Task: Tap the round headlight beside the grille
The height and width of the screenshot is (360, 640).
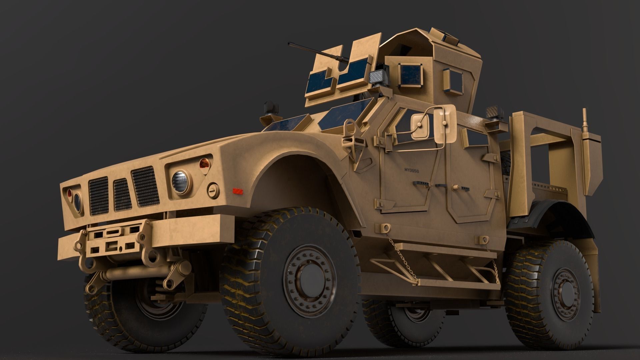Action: (180, 182)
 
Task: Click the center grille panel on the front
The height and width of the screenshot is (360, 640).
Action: (122, 195)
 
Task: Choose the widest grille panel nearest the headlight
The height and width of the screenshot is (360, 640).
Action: (145, 186)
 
